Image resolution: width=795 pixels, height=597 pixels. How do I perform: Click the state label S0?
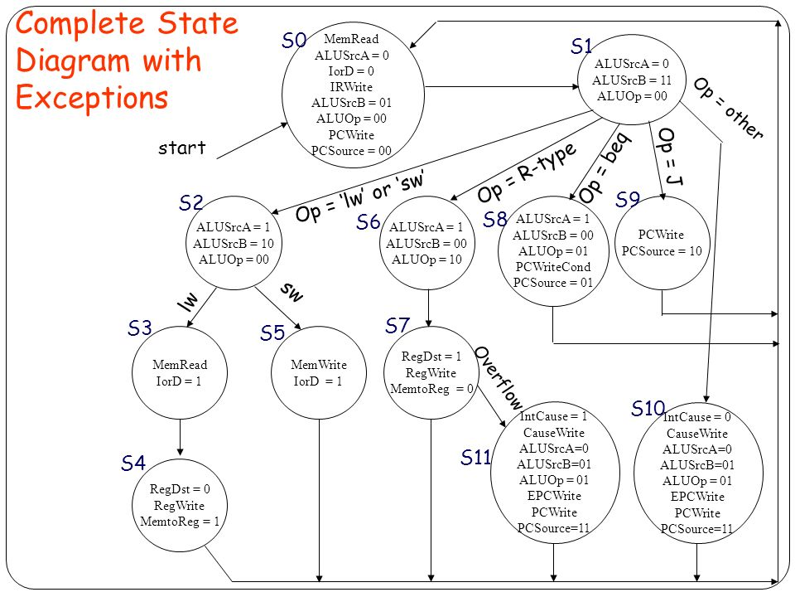pos(295,41)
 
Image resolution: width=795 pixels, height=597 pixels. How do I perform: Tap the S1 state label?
pos(582,46)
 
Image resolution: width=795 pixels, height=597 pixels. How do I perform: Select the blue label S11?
pos(476,457)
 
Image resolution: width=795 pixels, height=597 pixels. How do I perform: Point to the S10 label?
pos(648,408)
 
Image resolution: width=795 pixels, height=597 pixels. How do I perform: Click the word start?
pos(182,148)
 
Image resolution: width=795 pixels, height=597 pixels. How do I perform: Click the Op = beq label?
pos(604,167)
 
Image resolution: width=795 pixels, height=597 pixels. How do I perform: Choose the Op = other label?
pos(728,108)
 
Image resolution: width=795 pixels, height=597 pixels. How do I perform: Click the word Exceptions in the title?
pos(92,98)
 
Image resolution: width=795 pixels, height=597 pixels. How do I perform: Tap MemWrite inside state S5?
pos(319,365)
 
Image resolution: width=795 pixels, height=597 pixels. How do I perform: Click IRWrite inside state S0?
pos(351,87)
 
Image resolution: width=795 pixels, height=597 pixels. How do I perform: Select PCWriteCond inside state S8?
pos(552,266)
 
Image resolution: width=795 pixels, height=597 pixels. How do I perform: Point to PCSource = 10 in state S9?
pos(662,250)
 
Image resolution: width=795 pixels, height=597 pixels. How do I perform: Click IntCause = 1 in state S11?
pos(554,417)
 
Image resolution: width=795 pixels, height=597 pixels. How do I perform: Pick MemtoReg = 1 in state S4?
pos(181,521)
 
